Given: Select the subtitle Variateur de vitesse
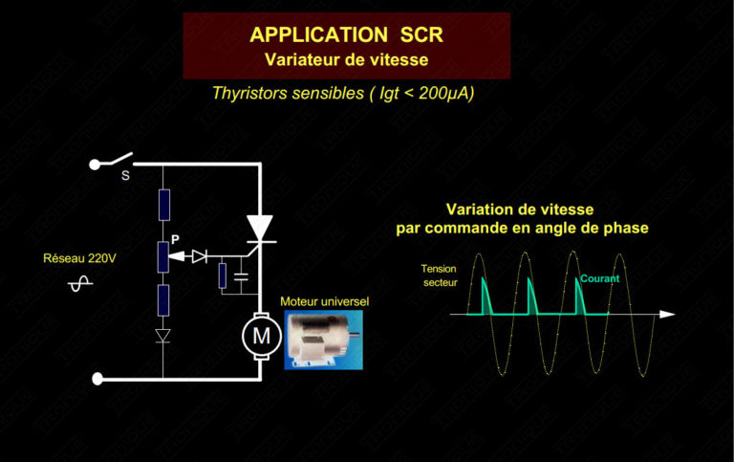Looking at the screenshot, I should pyautogui.click(x=346, y=59).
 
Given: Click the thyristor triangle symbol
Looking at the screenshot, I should pyautogui.click(x=259, y=226).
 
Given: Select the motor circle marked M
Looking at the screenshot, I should pyautogui.click(x=259, y=334).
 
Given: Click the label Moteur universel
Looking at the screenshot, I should pyautogui.click(x=324, y=302).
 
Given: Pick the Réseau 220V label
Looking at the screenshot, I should pyautogui.click(x=80, y=258).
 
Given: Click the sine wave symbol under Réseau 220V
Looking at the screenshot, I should pyautogui.click(x=81, y=283).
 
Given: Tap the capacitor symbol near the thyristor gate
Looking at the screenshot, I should pyautogui.click(x=241, y=276).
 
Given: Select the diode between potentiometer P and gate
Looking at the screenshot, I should pyautogui.click(x=199, y=256).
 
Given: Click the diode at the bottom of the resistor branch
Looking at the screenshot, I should pyautogui.click(x=163, y=335).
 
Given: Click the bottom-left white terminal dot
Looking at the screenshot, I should pyautogui.click(x=96, y=379).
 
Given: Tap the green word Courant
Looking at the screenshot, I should pyautogui.click(x=599, y=278).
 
